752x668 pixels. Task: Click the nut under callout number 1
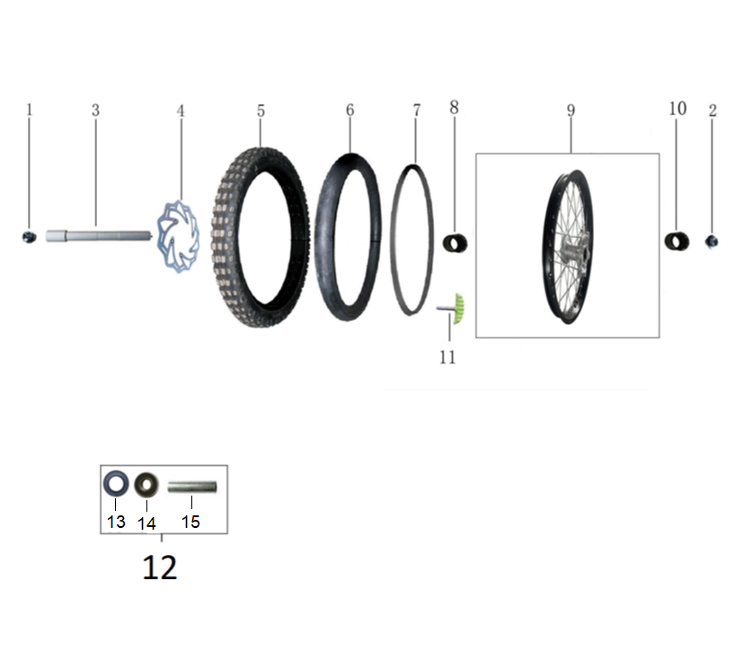pos(30,237)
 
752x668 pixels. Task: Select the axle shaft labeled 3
pos(99,236)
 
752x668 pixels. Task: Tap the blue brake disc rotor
pos(178,237)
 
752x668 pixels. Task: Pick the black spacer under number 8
pos(455,243)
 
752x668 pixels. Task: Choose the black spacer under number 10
pos(677,241)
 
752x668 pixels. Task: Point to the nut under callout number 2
pos(712,242)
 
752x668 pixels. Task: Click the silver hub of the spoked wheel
pos(575,248)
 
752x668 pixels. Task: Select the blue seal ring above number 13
pos(116,484)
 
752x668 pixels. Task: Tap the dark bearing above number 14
pos(146,485)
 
